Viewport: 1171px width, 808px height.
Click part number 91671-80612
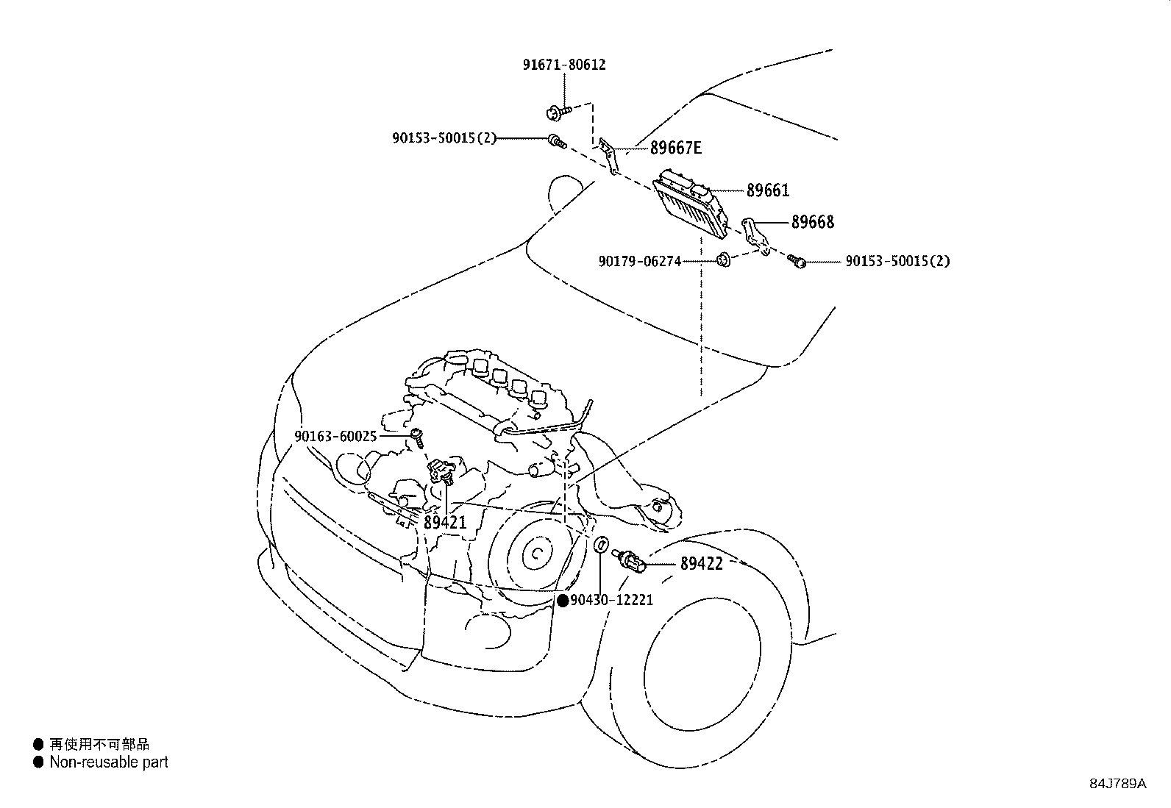564,65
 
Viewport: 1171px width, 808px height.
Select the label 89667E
675,149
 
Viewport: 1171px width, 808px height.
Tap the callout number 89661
767,190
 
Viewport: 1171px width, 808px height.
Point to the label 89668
812,222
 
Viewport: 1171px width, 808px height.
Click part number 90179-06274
639,261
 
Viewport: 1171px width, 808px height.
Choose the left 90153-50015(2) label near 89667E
444,138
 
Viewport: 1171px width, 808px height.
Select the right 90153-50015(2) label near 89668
897,261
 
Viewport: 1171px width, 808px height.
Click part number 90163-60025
335,437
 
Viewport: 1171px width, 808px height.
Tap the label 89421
445,523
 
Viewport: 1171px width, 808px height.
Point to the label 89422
701,564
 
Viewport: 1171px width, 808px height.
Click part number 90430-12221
611,601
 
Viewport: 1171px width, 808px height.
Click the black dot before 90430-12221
563,601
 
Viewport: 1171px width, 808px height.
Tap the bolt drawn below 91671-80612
558,112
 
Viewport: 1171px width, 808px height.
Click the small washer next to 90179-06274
724,259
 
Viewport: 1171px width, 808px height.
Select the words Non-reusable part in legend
108,762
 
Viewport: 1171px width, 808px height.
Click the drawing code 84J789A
1117,783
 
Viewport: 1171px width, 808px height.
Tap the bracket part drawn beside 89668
755,235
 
